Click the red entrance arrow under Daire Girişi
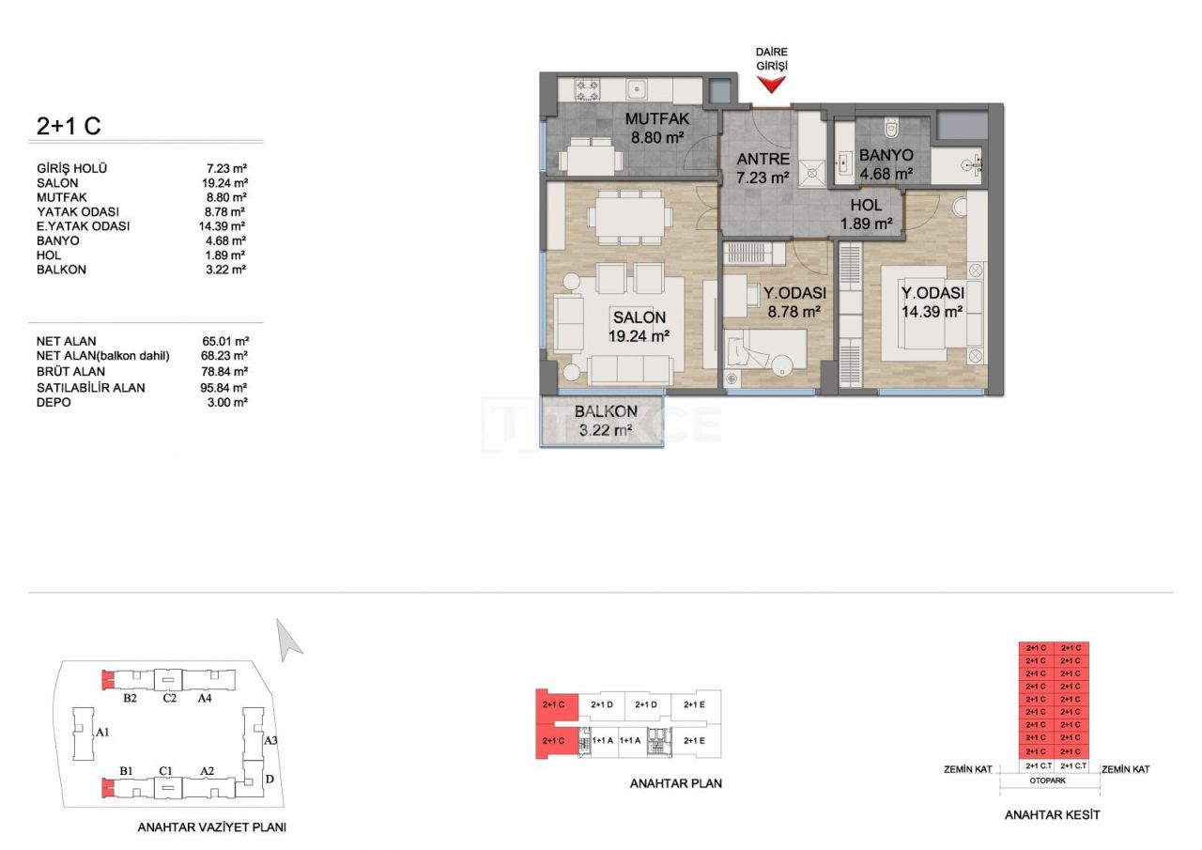tap(771, 85)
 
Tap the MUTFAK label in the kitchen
tap(657, 118)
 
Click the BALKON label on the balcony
tap(606, 411)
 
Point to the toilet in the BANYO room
tap(891, 129)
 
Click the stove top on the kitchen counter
tap(587, 91)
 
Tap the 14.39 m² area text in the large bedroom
tap(932, 311)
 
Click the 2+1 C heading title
tap(69, 126)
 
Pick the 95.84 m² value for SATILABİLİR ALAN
tap(226, 387)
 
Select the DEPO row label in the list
tap(53, 402)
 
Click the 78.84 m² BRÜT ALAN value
tap(226, 372)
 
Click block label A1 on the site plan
tap(103, 731)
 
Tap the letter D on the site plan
tap(270, 779)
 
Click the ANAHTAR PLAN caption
tap(676, 782)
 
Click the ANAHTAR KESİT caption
tap(1052, 814)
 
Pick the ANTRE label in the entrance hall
tap(762, 159)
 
